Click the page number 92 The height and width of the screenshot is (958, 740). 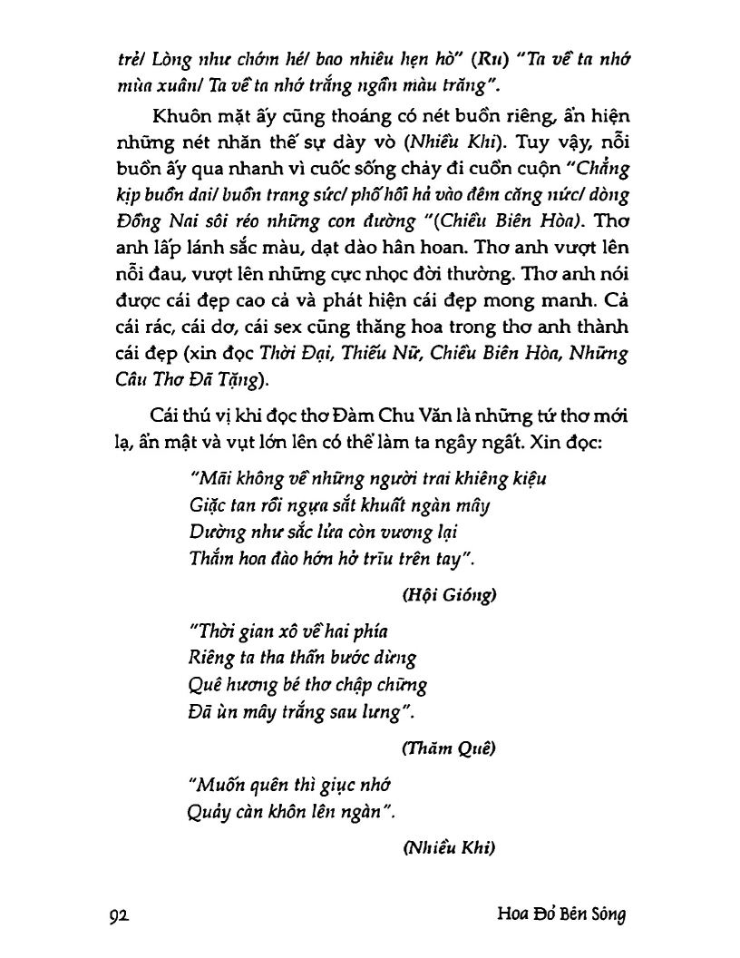122,915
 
